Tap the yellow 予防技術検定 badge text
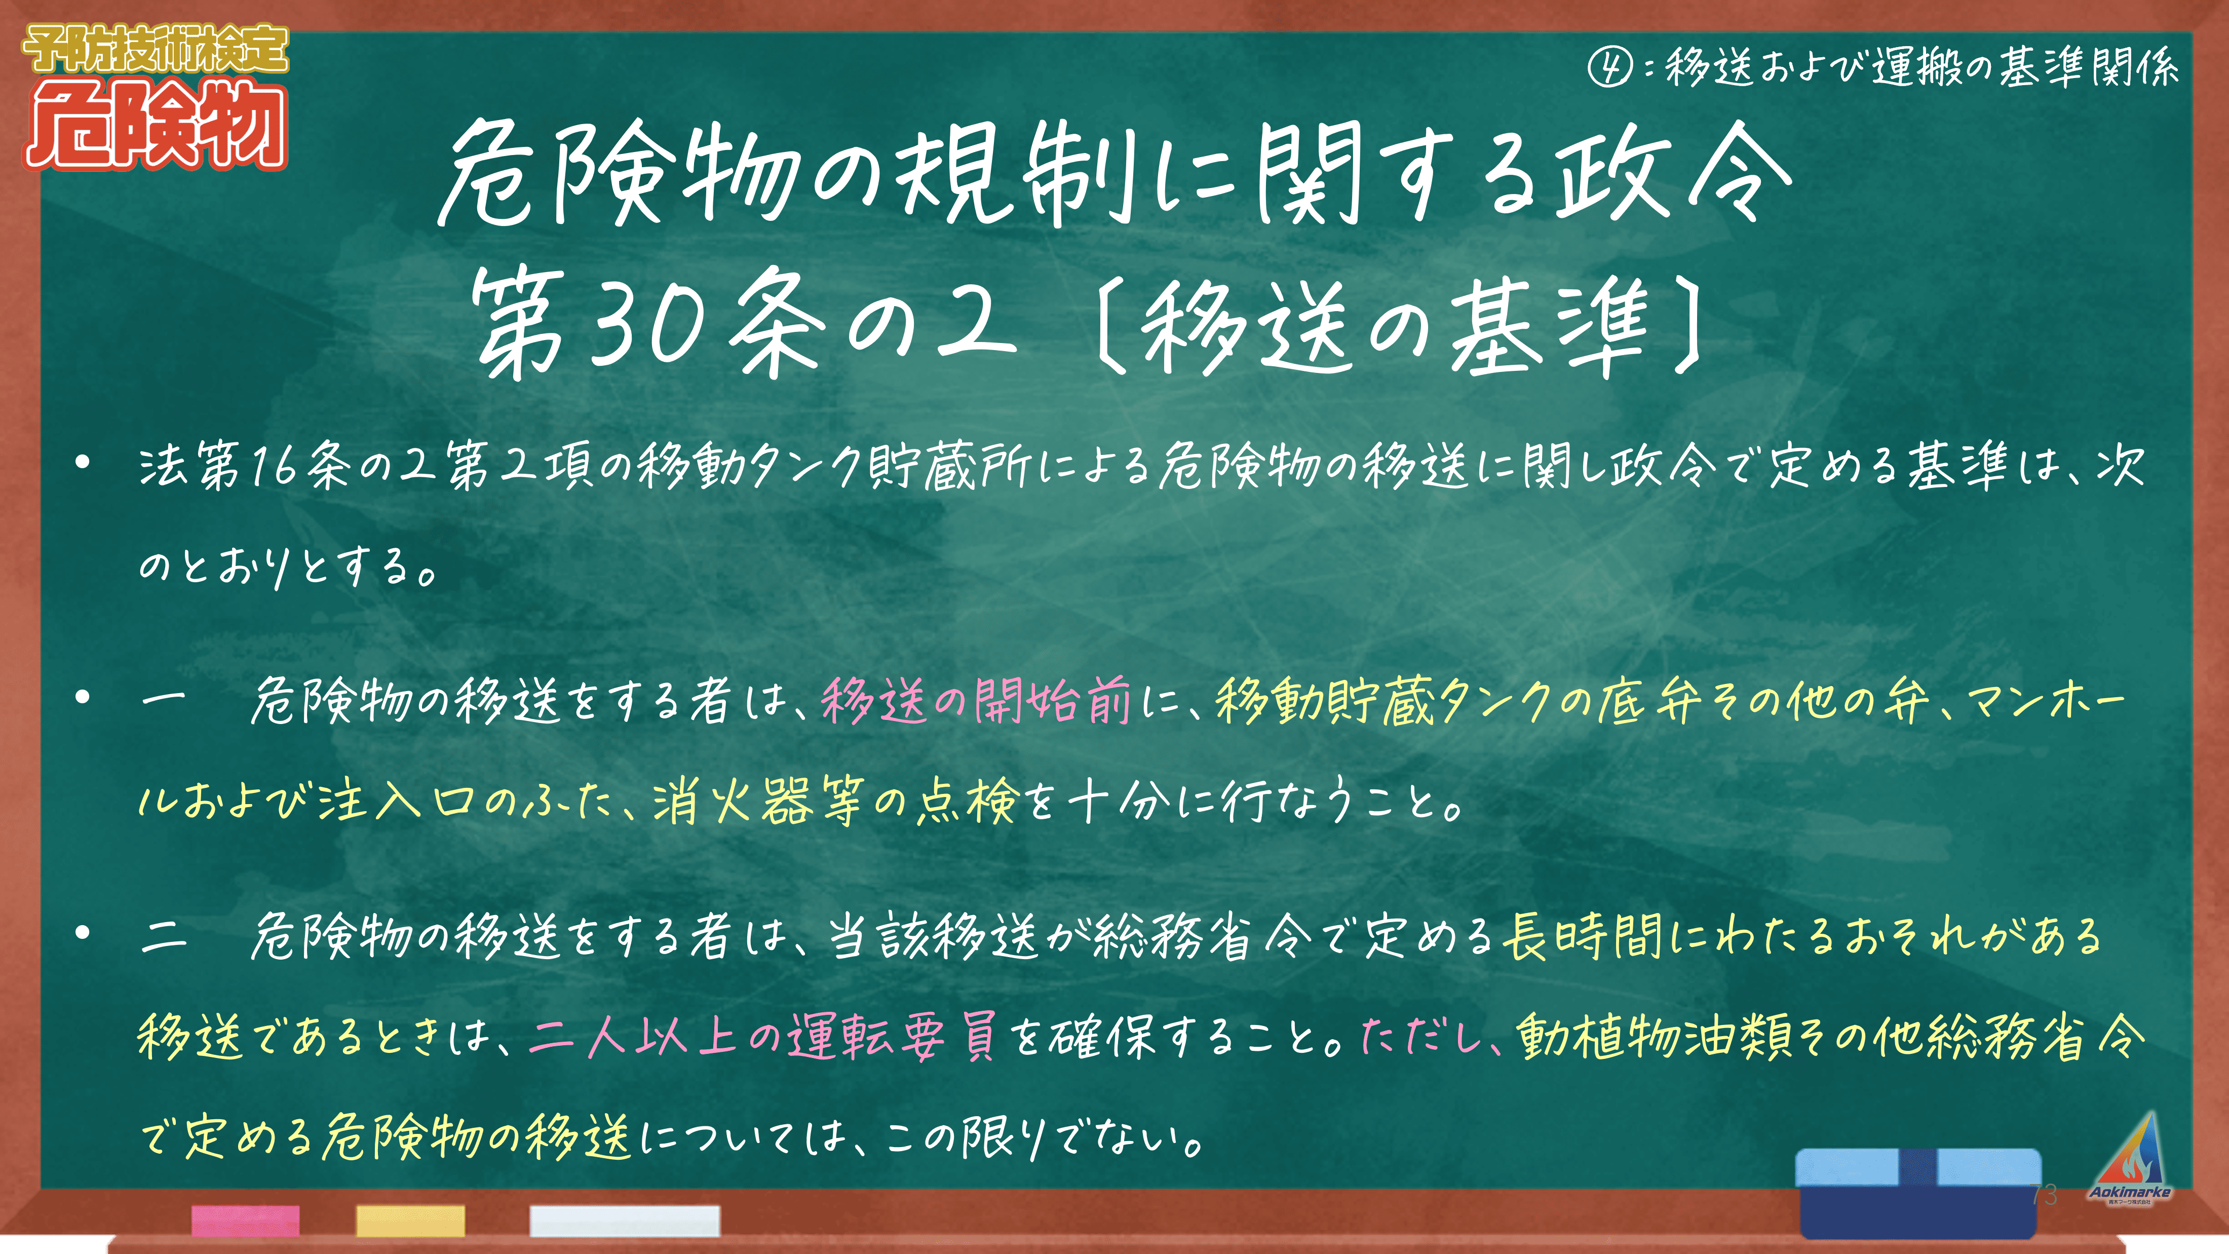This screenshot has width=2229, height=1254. coord(156,49)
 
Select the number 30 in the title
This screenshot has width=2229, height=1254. coord(645,323)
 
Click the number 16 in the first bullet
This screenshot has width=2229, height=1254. coord(274,467)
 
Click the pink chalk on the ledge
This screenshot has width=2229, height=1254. coord(246,1220)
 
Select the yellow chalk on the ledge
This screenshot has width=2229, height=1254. coord(410,1220)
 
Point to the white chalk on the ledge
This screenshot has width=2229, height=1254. coord(625,1220)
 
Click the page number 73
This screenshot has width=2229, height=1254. coord(2044,1194)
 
